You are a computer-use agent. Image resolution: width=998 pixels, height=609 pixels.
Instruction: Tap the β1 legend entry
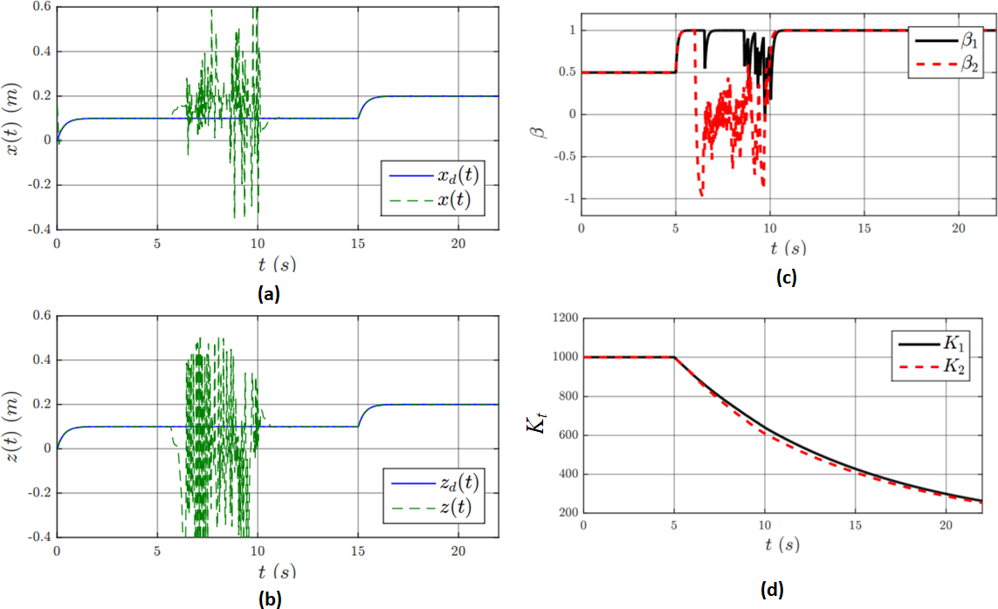(946, 39)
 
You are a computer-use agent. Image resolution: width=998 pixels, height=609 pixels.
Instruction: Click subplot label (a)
(268, 295)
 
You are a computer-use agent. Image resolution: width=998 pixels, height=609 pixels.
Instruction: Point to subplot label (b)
(268, 599)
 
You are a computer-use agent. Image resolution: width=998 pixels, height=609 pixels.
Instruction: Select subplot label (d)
(771, 589)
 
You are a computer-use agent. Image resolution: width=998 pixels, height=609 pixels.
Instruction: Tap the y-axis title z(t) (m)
(12, 427)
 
